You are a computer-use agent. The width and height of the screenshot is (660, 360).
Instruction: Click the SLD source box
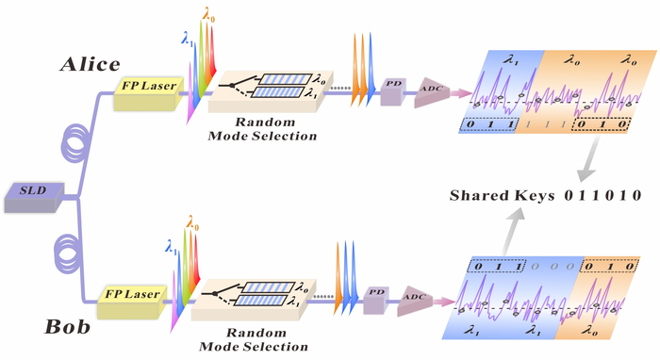tap(34, 197)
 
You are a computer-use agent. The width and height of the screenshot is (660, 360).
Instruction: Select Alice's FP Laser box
tap(149, 93)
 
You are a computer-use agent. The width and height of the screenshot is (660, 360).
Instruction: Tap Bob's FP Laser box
tap(132, 302)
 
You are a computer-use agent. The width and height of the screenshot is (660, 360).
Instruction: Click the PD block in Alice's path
tap(393, 91)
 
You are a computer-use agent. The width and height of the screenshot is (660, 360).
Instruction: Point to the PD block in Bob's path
tap(376, 300)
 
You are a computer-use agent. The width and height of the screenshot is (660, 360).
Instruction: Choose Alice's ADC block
tap(432, 92)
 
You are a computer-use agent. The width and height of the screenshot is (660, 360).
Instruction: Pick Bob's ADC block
tap(415, 301)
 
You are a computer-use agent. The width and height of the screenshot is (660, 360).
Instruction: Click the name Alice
tap(91, 64)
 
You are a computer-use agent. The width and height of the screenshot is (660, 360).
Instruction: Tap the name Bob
tap(67, 327)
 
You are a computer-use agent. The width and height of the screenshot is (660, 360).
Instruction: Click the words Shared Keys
tap(503, 196)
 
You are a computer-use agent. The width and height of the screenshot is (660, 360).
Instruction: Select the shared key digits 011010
tap(602, 195)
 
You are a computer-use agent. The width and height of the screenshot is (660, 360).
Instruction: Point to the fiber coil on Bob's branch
tap(69, 253)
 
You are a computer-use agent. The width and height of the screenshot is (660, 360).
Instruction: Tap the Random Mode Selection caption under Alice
tap(262, 129)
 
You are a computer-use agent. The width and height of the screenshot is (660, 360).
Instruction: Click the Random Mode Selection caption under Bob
tap(254, 339)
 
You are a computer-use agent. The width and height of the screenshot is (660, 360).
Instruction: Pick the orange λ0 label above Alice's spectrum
tap(209, 15)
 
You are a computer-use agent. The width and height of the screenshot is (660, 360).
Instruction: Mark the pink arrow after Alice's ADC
tap(461, 93)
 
